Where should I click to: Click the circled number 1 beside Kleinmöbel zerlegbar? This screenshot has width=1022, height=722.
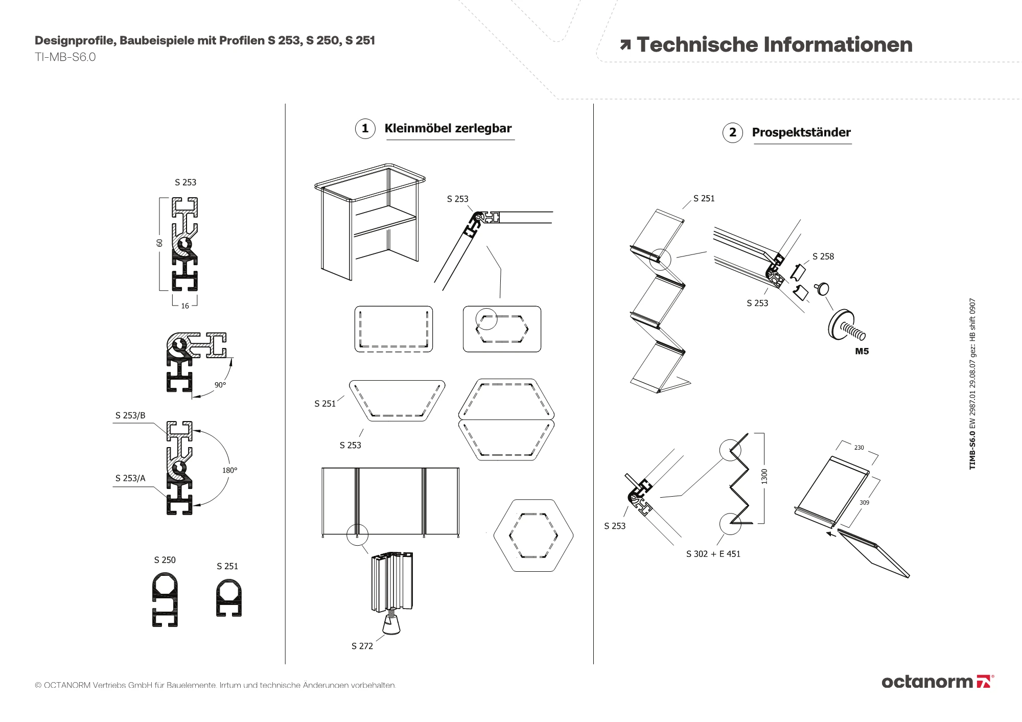tap(365, 128)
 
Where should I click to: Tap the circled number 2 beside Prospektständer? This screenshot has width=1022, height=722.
tap(732, 132)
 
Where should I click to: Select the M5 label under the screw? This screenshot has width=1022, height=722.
tap(862, 352)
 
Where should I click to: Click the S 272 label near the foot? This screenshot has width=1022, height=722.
tap(362, 646)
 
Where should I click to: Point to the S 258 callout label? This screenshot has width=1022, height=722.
tap(823, 257)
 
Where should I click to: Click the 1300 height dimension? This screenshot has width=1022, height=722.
tap(764, 476)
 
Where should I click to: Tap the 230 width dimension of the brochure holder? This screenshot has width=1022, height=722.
tap(859, 448)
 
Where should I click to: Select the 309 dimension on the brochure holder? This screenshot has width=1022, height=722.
tap(864, 503)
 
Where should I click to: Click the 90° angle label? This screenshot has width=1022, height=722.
tap(220, 385)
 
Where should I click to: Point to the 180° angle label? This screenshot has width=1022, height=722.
tap(229, 470)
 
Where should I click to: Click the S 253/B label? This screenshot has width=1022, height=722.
tap(130, 415)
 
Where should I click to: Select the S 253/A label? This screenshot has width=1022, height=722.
tap(130, 478)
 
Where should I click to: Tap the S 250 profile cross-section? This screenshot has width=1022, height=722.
tap(165, 599)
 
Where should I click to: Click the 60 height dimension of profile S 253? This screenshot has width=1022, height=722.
tap(159, 243)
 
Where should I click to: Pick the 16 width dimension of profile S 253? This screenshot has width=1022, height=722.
tap(185, 306)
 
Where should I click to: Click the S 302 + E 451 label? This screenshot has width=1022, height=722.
tap(713, 554)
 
